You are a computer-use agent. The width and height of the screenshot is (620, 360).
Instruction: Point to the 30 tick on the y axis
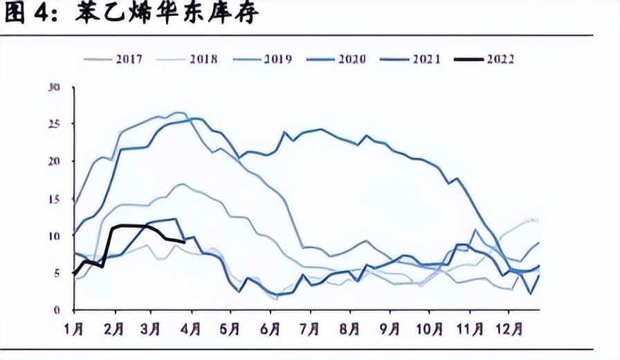tap(55, 87)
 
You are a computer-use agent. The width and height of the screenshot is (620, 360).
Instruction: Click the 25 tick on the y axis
tap(55, 124)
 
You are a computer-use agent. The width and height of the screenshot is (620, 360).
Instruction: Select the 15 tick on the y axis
tap(55, 199)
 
